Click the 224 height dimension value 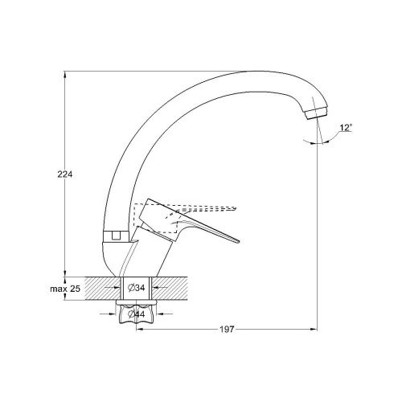[x=65, y=174]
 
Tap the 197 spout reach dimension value [x=227, y=329]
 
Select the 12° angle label [x=346, y=128]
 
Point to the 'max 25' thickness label [x=65, y=289]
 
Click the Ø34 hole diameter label [x=137, y=288]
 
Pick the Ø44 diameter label [x=137, y=314]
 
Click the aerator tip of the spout [x=317, y=113]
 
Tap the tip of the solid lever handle [x=238, y=241]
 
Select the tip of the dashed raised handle [x=236, y=207]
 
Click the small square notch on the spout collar [x=116, y=236]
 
